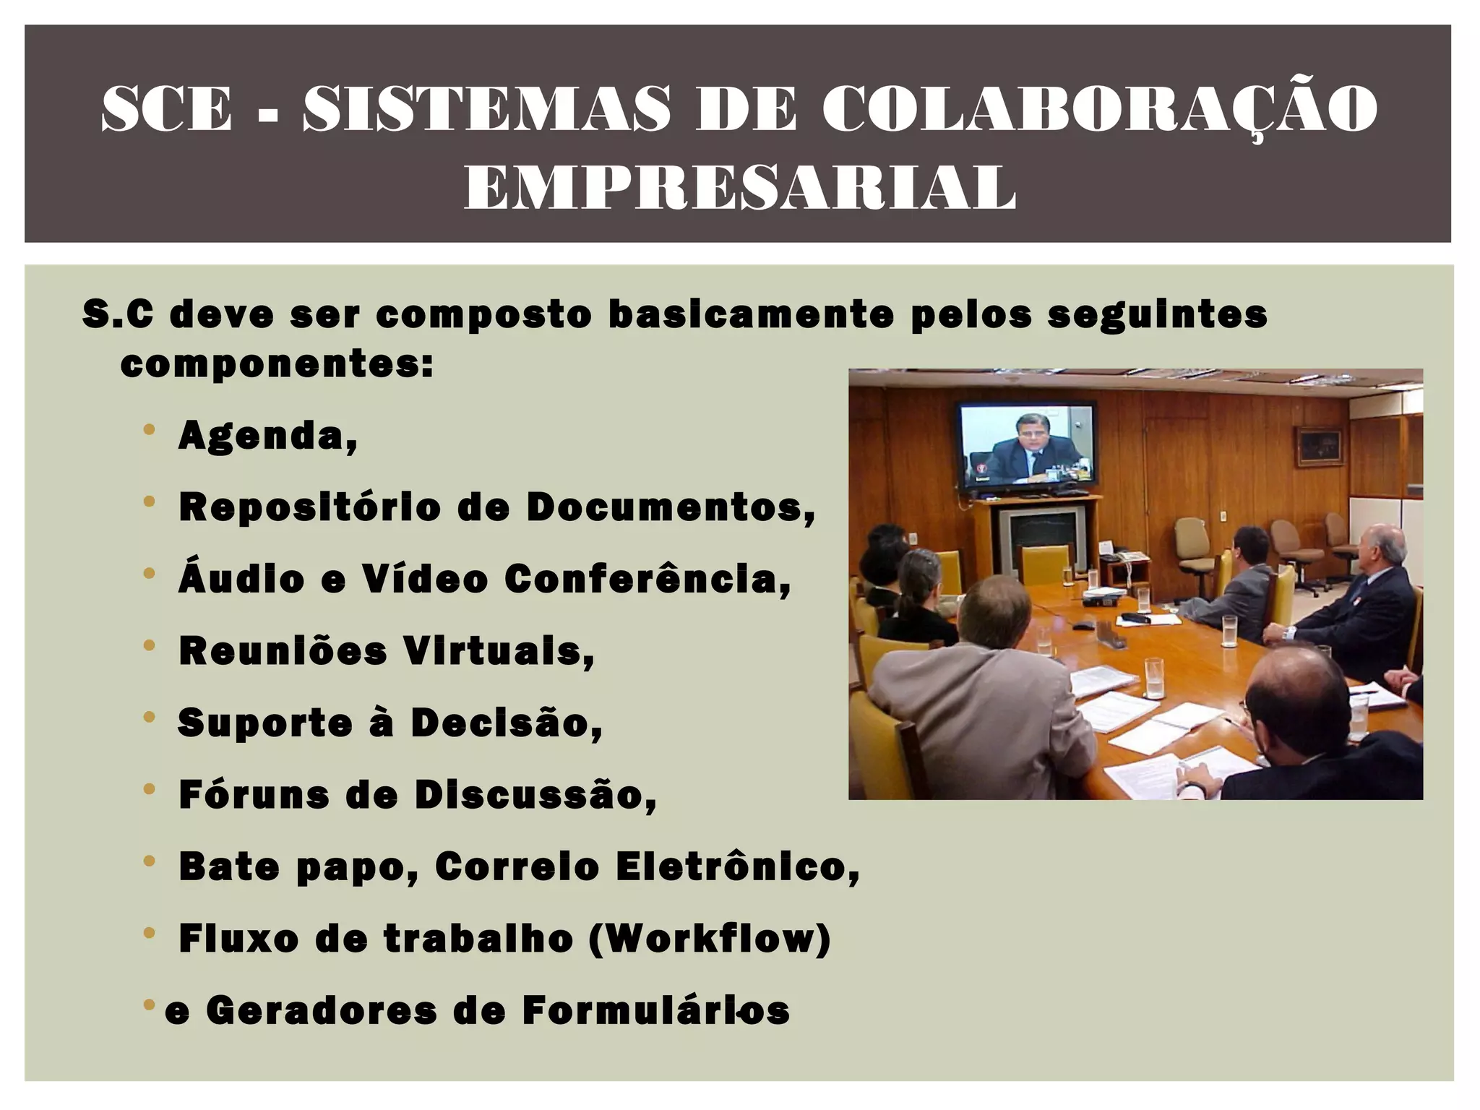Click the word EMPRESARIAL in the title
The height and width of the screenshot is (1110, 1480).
(x=739, y=186)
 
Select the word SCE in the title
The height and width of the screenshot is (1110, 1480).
(x=166, y=108)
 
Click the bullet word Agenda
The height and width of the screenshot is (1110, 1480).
(x=267, y=436)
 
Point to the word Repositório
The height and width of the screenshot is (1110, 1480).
(x=310, y=507)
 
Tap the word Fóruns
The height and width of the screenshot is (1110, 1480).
(x=252, y=794)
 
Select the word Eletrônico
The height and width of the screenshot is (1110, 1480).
(x=737, y=866)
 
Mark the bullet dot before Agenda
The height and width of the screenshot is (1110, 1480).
(x=150, y=430)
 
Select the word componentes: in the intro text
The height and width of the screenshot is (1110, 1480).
(x=277, y=363)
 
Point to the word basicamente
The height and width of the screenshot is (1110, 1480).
(x=751, y=315)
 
